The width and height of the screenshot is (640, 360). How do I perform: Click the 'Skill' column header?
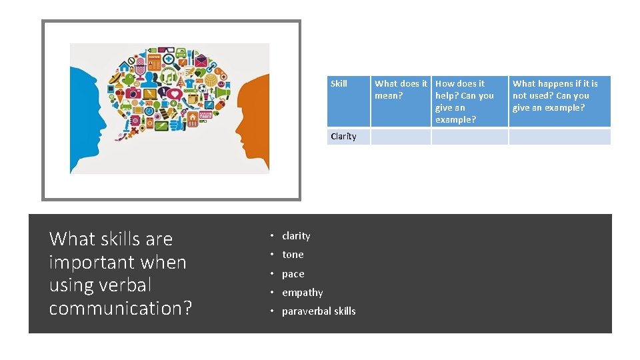(339, 84)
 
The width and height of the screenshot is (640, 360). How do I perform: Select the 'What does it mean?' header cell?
(401, 89)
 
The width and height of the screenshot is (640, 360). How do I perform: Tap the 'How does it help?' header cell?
(465, 101)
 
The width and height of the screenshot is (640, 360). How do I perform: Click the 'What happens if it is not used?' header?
(555, 95)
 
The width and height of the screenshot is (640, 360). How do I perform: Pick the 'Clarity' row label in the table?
(343, 137)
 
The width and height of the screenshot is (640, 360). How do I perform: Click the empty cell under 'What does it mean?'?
(401, 137)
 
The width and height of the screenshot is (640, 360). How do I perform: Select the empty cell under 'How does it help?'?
(469, 137)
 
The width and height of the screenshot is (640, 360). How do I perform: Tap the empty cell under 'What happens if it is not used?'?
(559, 137)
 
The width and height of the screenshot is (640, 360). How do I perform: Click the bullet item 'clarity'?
(296, 236)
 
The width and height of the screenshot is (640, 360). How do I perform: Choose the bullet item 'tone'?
(293, 255)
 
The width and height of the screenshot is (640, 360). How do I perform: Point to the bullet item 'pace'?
(293, 274)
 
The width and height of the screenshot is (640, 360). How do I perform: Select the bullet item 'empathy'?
(302, 293)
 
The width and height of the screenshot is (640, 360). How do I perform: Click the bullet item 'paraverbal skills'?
(319, 311)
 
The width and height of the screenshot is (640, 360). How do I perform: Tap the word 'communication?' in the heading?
(121, 309)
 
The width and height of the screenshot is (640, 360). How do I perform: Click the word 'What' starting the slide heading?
(71, 239)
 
